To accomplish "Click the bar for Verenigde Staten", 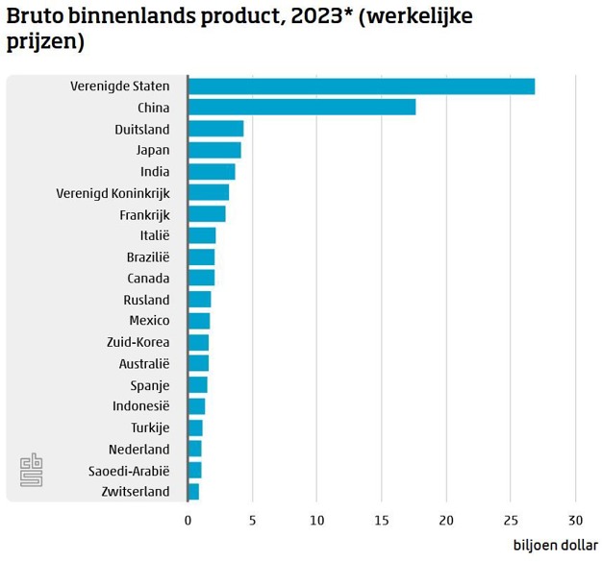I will pyautogui.click(x=361, y=86).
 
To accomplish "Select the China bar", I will pyautogui.click(x=302, y=108).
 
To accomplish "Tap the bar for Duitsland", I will pyautogui.click(x=215, y=129).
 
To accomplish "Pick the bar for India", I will pyautogui.click(x=212, y=172).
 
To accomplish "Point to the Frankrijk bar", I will pyautogui.click(x=207, y=214).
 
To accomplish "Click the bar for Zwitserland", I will pyautogui.click(x=193, y=492).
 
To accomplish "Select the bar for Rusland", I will pyautogui.click(x=199, y=300).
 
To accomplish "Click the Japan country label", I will pyautogui.click(x=153, y=150).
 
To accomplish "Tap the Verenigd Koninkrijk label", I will pyautogui.click(x=113, y=193).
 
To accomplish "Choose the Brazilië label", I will pyautogui.click(x=147, y=257).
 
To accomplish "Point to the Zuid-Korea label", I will pyautogui.click(x=138, y=342).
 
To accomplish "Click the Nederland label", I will pyautogui.click(x=138, y=450).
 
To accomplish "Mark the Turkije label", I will pyautogui.click(x=150, y=428).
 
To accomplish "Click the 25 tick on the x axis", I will pyautogui.click(x=511, y=521).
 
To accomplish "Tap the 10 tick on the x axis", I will pyautogui.click(x=316, y=521).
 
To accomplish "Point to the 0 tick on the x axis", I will pyautogui.click(x=188, y=521).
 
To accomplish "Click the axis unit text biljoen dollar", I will pyautogui.click(x=554, y=546).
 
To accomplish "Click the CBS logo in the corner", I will pyautogui.click(x=32, y=471).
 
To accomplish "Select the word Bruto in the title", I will pyautogui.click(x=35, y=17).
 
